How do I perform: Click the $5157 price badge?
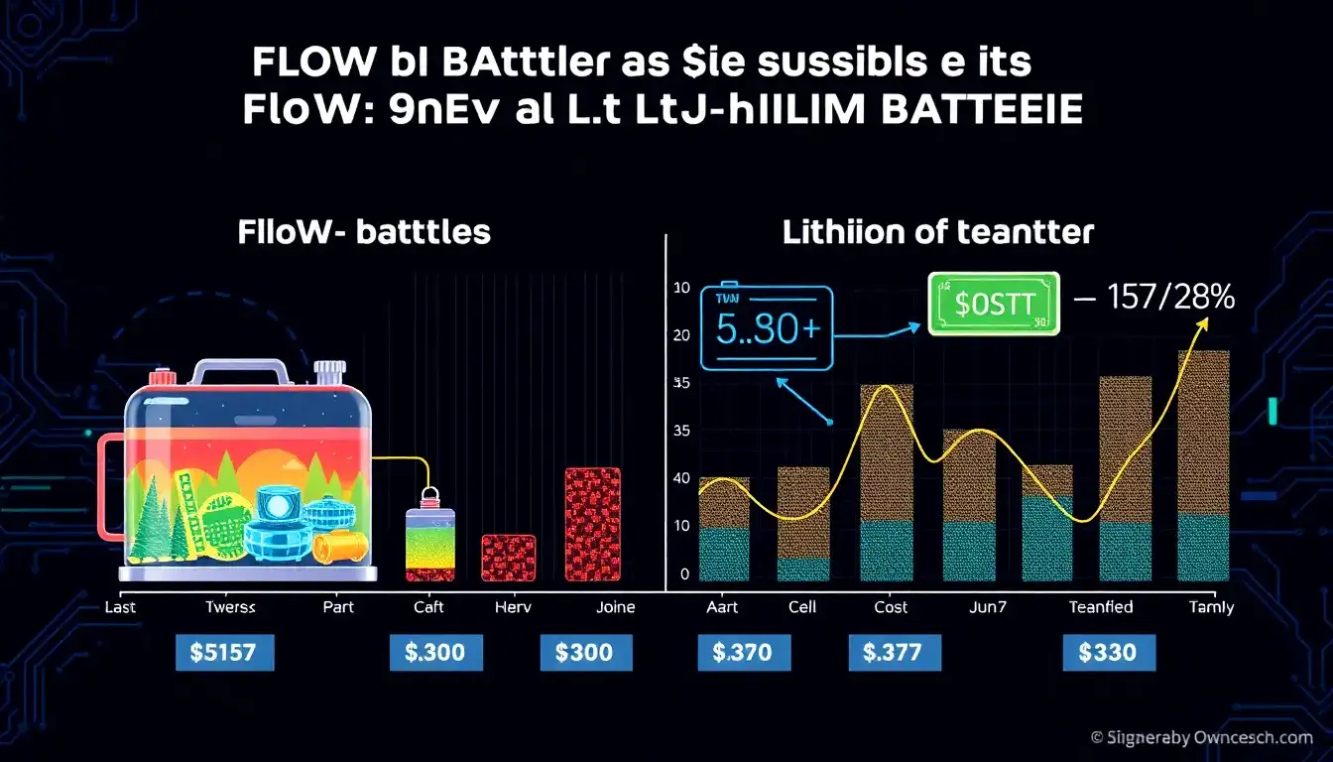coord(224,653)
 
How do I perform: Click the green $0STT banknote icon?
coord(993,302)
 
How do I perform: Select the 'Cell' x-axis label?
coord(801,607)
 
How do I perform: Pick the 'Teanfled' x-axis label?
coord(1100,607)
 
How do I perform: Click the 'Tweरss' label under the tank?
coord(230,607)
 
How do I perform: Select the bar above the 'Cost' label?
coord(887,482)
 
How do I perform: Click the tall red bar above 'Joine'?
coord(592,524)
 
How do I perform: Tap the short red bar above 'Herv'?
coord(509,558)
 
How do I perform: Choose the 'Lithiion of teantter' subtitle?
coord(937,233)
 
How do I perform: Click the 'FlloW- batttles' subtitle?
coord(364,233)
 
